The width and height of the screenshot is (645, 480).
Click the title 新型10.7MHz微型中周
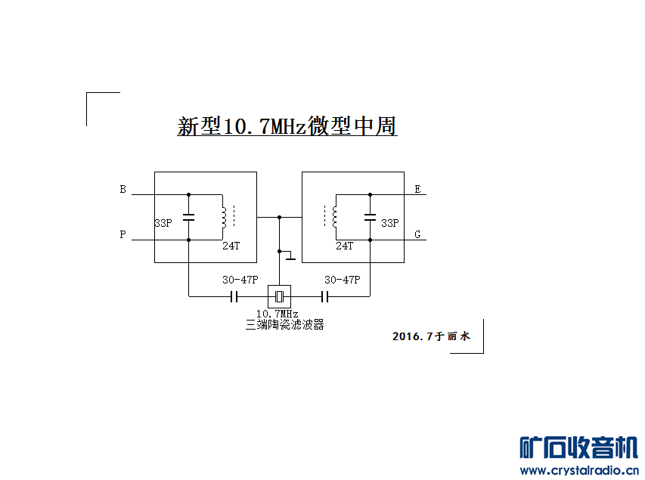point(287,126)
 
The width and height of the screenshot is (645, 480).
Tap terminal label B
point(122,190)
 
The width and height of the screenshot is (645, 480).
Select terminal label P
point(122,235)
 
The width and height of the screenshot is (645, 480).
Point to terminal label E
point(417,190)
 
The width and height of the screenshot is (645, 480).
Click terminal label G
point(417,235)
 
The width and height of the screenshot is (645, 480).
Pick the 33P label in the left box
point(163,224)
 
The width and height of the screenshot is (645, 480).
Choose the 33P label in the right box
point(389,224)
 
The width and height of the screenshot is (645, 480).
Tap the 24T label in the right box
point(344,246)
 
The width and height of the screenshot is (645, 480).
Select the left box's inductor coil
point(223,217)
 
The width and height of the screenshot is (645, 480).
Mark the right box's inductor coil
point(335,217)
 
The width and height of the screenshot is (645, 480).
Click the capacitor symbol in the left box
point(189,218)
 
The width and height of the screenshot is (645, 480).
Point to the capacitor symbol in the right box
point(370,218)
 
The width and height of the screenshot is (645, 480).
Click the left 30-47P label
point(240,280)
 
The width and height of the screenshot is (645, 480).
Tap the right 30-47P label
point(342,280)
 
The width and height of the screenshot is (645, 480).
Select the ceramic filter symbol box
point(279,296)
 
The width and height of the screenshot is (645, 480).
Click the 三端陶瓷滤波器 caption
point(285,325)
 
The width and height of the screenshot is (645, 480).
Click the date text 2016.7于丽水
point(431,336)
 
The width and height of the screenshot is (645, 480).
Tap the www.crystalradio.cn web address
point(579,471)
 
